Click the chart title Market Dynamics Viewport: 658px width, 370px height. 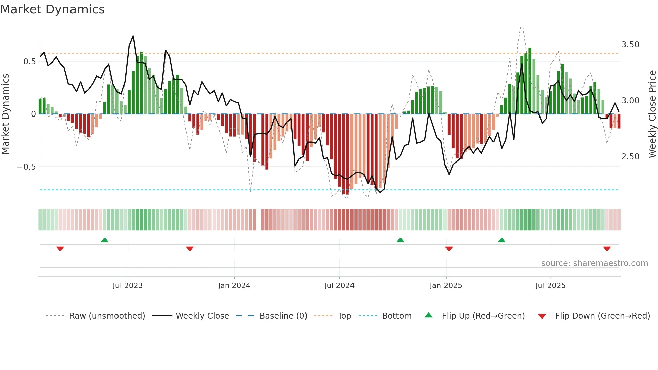point(53,9)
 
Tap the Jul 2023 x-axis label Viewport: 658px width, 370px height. point(128,286)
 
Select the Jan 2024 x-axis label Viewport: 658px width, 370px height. point(234,286)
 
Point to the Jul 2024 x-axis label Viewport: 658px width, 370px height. point(339,286)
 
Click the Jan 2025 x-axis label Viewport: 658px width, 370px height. point(446,286)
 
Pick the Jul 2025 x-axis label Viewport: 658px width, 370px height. point(551,286)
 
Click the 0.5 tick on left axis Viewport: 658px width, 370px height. point(29,62)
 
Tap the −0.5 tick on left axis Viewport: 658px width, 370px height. point(26,167)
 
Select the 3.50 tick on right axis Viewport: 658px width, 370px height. point(630,45)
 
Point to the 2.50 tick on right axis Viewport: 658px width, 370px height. point(630,157)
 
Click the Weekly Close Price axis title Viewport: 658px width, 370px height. point(652,114)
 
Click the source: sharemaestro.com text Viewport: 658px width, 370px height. point(594,263)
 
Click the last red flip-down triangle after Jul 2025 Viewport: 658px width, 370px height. point(607,249)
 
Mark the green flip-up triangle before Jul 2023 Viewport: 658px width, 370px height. point(105,240)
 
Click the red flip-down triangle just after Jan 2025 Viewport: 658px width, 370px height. point(449,249)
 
